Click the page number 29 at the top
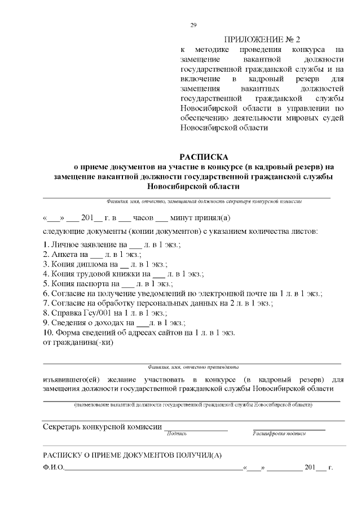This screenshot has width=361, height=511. (193, 25)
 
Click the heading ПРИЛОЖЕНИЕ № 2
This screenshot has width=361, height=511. (263, 40)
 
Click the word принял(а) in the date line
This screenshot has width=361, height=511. (212, 217)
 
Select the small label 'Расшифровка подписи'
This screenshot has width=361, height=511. (280, 434)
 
